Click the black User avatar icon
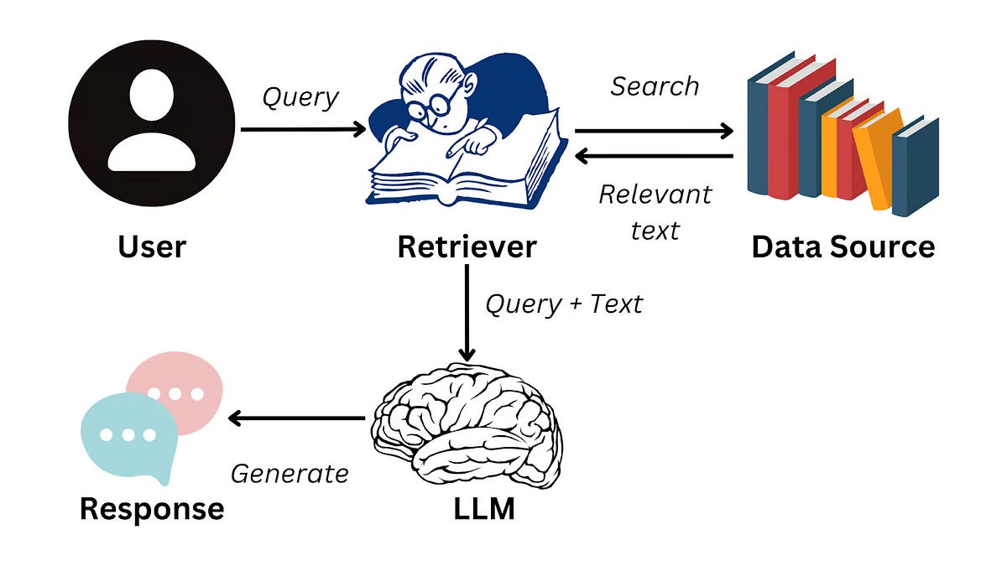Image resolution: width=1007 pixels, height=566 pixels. pos(152,125)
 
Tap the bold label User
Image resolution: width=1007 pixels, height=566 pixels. pos(152,247)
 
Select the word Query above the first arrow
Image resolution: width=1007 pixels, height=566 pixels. pos(300,97)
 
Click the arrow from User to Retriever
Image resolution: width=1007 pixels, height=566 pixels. pos(302,129)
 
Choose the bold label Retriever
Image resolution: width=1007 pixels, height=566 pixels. pos(467,247)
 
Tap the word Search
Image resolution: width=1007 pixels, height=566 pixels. pos(655,86)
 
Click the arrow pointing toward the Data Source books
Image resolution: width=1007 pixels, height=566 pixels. pos(654,131)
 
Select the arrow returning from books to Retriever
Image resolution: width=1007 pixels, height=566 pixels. pos(654,156)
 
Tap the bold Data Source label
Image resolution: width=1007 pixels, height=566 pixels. pos(843,247)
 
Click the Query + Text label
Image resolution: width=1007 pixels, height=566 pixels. pos(564,304)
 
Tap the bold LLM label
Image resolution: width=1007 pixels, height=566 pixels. pos(467,508)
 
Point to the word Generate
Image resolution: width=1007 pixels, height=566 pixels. pos(290,474)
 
